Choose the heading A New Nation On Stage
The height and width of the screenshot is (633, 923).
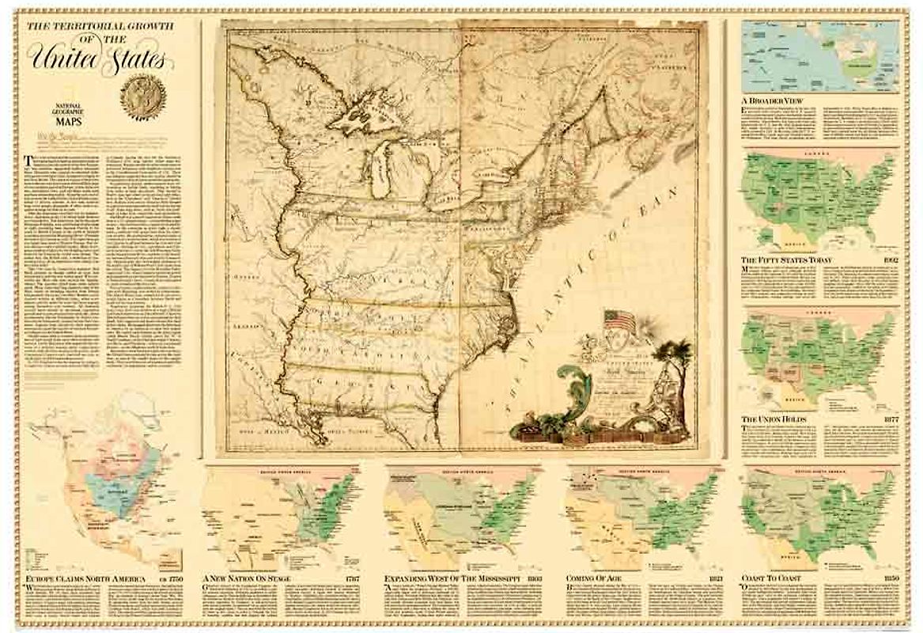coord(247,578)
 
